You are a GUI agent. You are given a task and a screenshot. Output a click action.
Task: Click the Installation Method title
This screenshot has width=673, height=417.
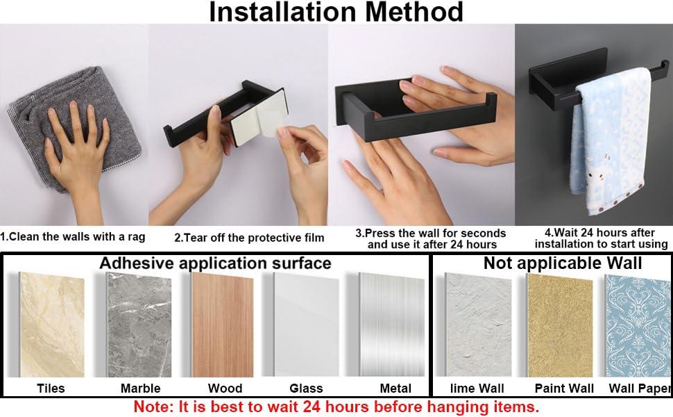pos(336,12)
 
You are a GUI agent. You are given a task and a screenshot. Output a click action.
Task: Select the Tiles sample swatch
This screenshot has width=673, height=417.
pos(52,325)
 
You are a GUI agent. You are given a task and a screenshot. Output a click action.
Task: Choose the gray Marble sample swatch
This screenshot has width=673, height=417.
pos(139,325)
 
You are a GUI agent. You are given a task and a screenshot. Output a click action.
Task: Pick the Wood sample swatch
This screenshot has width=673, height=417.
pos(222,325)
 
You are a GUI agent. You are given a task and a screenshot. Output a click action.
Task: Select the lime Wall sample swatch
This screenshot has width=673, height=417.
pos(478,325)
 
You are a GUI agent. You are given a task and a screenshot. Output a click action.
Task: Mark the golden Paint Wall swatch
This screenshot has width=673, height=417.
pos(560,325)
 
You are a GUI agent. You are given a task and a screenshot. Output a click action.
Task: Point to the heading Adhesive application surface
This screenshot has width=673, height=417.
pos(215,263)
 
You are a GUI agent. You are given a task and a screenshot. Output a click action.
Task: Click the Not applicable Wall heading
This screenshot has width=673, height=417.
pos(563,263)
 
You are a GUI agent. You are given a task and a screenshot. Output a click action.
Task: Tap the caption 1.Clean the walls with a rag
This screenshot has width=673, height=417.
pos(73,237)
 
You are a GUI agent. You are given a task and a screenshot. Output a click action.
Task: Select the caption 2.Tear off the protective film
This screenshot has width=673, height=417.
pos(249,238)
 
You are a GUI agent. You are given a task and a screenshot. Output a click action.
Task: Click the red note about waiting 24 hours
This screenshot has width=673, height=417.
pos(336,407)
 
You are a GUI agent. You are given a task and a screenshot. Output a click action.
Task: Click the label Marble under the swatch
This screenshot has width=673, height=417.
pos(140,389)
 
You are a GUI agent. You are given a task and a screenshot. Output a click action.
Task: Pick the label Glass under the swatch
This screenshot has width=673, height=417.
pos(306,389)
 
